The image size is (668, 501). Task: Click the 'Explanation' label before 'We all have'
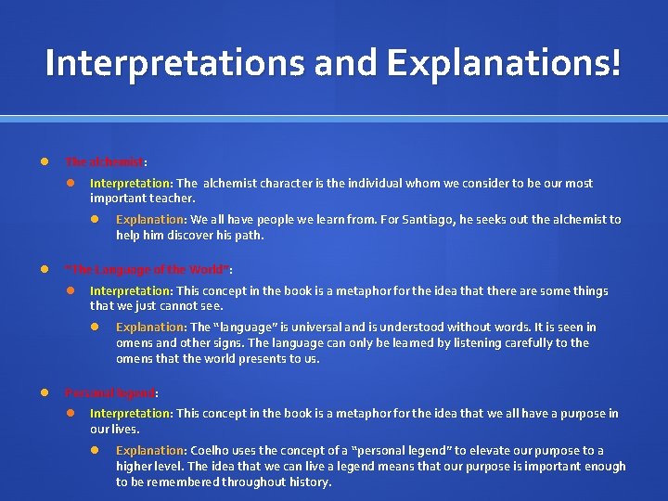(150, 220)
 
